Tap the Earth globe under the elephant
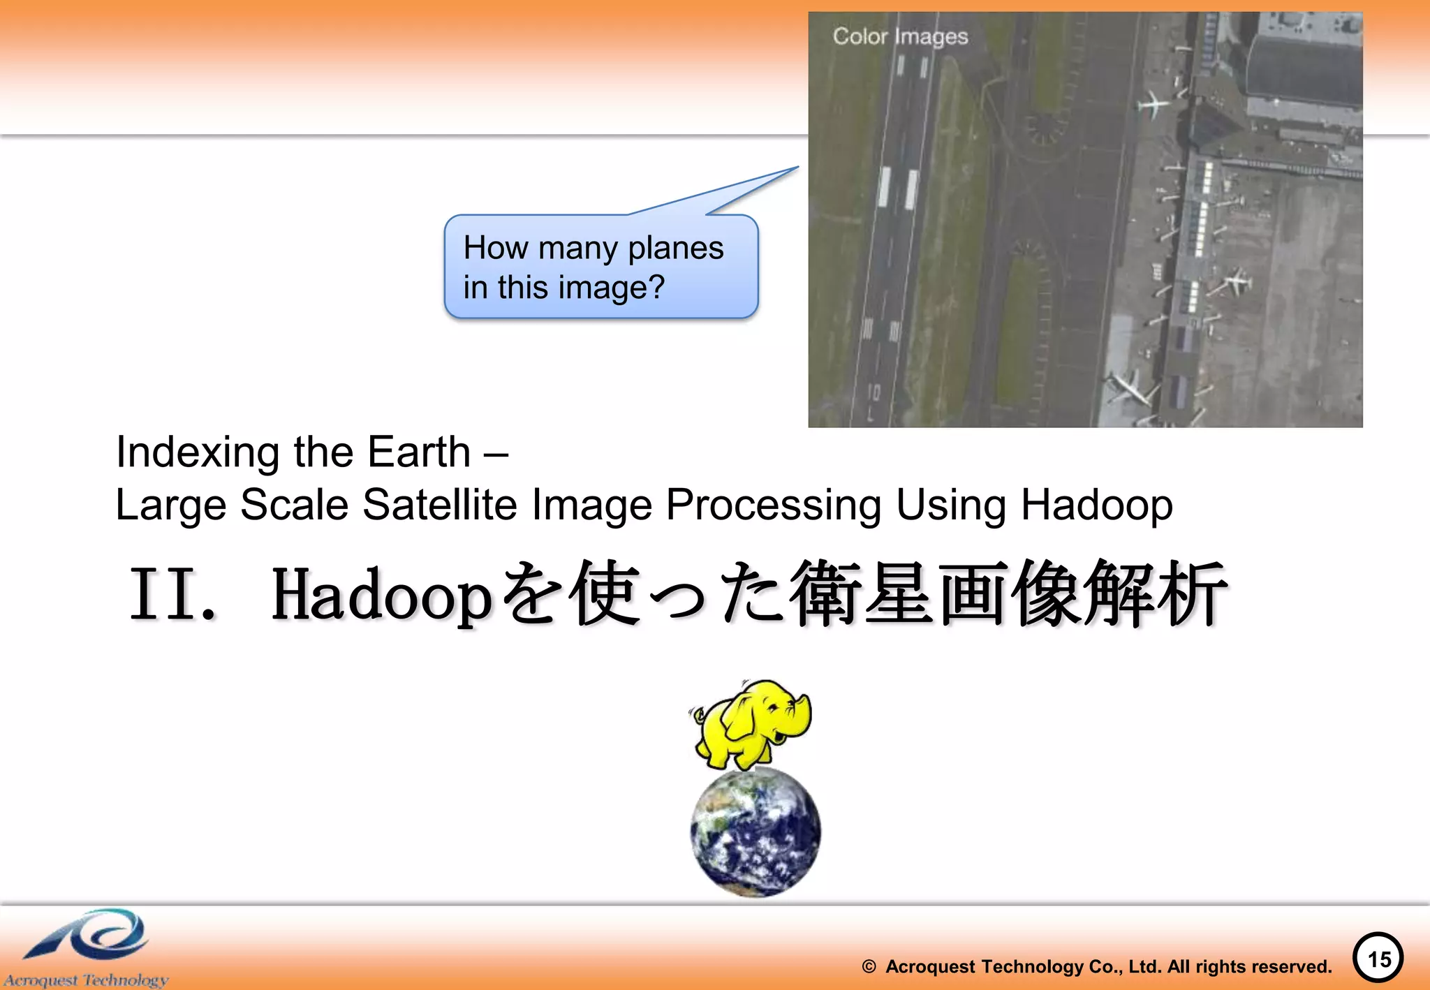pos(755,832)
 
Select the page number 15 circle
pos(1378,958)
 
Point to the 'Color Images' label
pos(900,36)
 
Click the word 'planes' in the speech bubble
pos(675,248)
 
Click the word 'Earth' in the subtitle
pos(419,452)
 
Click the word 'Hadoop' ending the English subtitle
pos(1096,504)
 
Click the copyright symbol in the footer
pos(869,967)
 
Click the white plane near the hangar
pos(1153,105)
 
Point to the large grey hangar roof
pos(1304,70)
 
